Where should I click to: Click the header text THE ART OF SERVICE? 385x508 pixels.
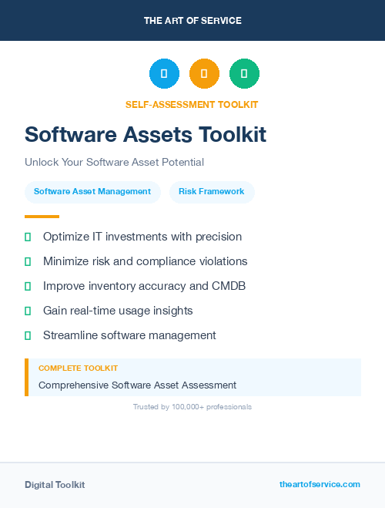tap(192, 21)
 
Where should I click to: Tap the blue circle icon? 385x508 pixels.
tap(164, 74)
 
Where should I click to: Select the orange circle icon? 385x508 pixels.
tap(204, 74)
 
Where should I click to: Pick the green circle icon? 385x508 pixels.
tap(244, 74)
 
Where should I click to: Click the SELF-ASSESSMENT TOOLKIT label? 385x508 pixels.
tap(192, 105)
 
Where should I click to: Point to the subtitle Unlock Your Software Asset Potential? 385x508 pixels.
tap(114, 163)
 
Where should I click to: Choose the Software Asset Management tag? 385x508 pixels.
tap(92, 192)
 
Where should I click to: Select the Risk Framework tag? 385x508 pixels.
tap(212, 192)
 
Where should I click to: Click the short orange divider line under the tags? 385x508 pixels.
tap(42, 217)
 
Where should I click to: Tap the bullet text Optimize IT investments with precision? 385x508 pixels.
tap(142, 237)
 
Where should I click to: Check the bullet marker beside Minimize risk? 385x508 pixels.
tap(28, 262)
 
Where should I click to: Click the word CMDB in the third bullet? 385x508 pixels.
tap(229, 286)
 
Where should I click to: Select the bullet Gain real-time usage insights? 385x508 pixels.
tap(118, 311)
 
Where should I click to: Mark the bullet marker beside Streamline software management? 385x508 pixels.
tap(28, 336)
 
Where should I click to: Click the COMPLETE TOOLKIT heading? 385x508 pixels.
tap(78, 368)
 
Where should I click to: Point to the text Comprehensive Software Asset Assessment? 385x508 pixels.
tap(137, 385)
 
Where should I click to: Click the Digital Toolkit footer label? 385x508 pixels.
tap(55, 485)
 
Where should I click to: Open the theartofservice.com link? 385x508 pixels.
tap(320, 484)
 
